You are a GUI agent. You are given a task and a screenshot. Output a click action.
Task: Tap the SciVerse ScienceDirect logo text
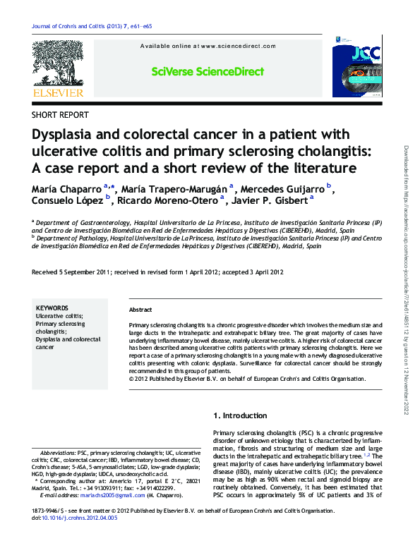point(208,72)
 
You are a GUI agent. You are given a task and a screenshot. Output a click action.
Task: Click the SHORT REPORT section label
point(61,114)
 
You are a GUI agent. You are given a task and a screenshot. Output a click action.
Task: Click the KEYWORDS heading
point(52,308)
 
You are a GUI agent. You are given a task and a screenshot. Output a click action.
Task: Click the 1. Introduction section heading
point(241,415)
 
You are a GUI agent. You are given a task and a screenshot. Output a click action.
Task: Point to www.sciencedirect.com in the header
point(238,46)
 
